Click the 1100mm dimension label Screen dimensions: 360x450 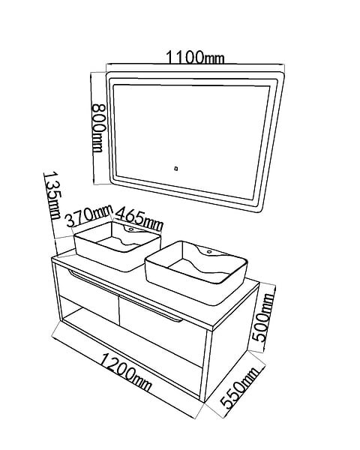(195, 58)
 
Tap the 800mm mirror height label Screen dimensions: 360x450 (98, 128)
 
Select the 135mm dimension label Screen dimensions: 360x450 (52, 196)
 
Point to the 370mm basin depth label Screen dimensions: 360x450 (88, 216)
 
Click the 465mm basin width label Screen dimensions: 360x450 (139, 219)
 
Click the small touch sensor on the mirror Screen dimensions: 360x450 (176, 169)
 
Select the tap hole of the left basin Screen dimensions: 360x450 (131, 229)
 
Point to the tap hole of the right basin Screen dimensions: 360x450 (209, 252)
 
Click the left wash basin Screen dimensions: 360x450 (117, 246)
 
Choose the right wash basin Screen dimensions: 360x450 (196, 273)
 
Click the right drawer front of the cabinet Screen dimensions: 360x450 (162, 328)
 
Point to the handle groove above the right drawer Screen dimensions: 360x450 (151, 309)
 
